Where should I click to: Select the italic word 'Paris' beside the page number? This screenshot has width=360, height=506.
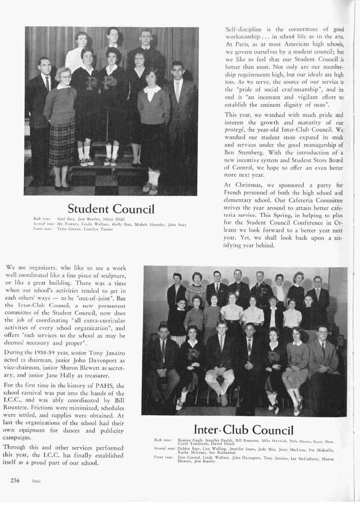pos(36,481)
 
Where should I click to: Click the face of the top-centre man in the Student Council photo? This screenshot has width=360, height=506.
pos(113,34)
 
